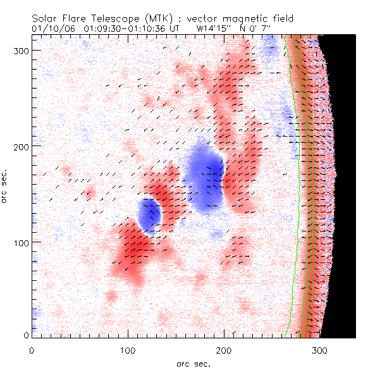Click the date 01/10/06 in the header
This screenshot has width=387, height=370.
(x=52, y=28)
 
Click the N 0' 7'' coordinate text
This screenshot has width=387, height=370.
(x=267, y=28)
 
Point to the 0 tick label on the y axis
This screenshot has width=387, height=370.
(x=27, y=335)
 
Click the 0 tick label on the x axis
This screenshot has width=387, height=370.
(x=32, y=349)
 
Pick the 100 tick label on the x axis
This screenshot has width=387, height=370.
(x=128, y=349)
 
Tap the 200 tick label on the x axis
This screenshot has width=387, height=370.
(x=224, y=349)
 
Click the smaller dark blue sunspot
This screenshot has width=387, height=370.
(x=149, y=215)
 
